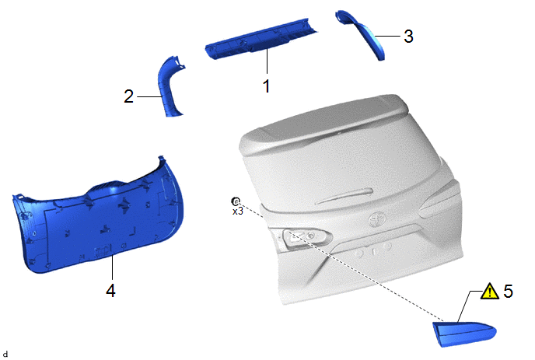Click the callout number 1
(x=267, y=86)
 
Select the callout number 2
(x=128, y=96)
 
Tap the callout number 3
(x=408, y=37)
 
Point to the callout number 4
(x=110, y=291)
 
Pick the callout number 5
(x=508, y=291)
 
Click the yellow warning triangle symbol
(x=490, y=292)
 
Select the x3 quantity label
(x=238, y=211)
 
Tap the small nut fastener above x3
(x=236, y=201)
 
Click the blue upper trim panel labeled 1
(x=261, y=39)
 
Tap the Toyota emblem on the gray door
(x=376, y=219)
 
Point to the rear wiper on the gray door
(x=344, y=195)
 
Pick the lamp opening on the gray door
(x=306, y=236)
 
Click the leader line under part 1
(x=267, y=61)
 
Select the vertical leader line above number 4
(x=112, y=267)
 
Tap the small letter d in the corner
(x=5, y=354)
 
